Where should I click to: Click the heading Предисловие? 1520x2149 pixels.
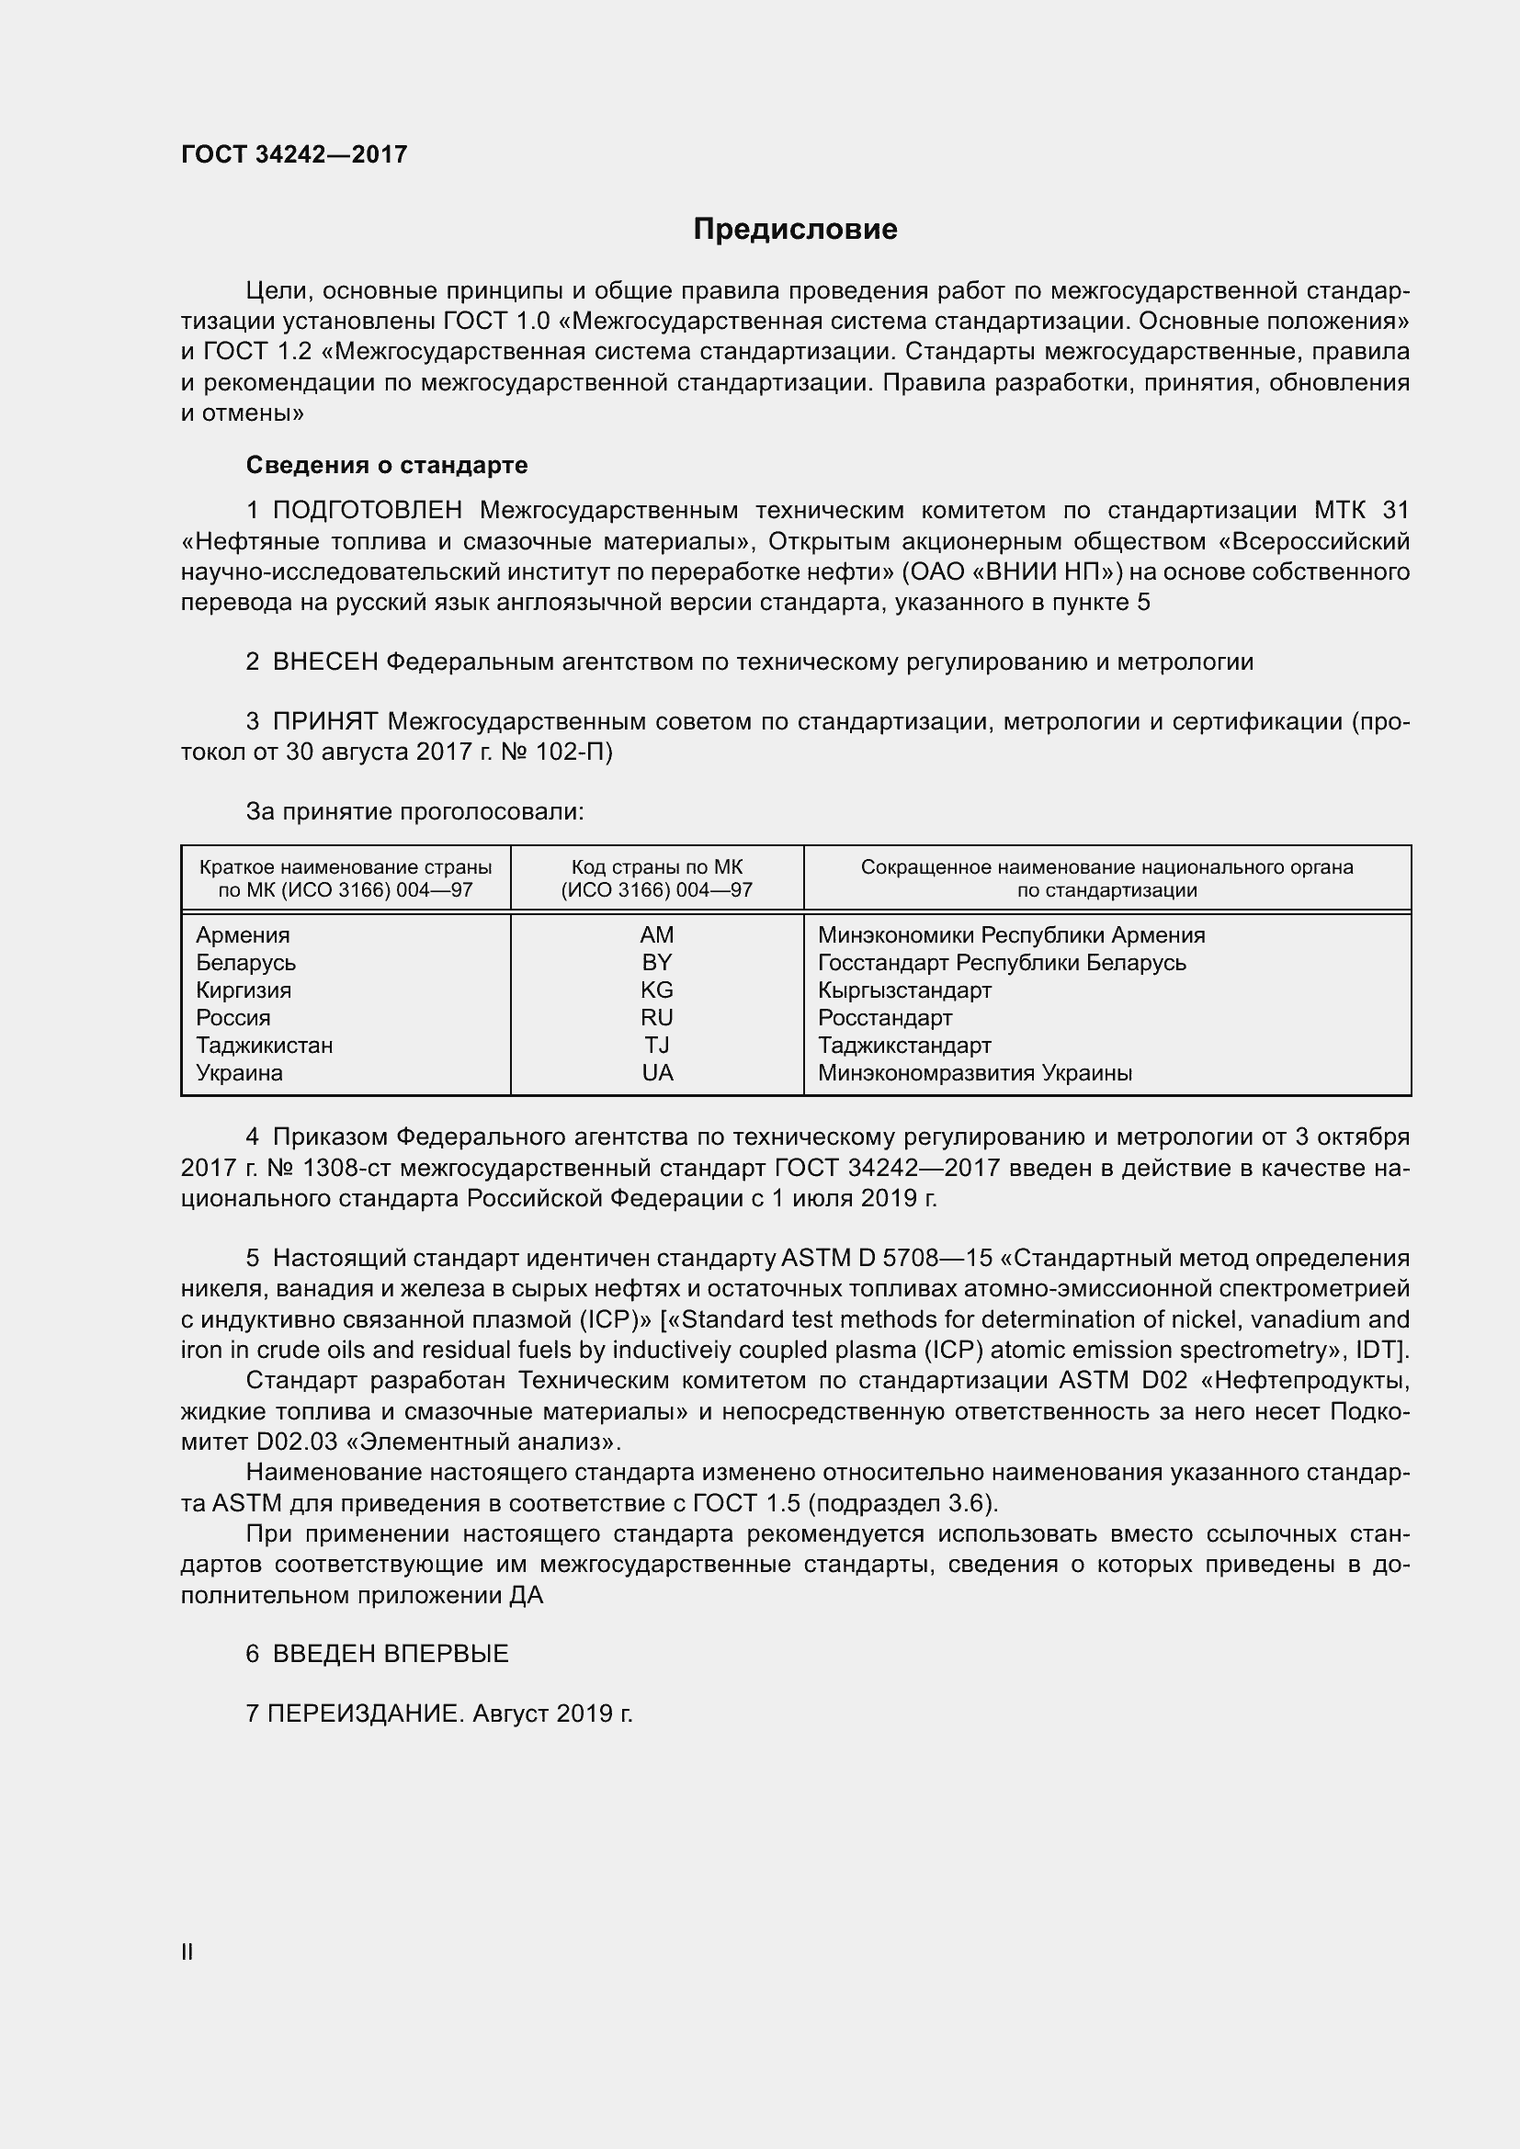pos(795,230)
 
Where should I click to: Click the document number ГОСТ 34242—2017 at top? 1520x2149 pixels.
pos(294,154)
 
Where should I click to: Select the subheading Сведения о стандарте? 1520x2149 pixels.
pos(387,465)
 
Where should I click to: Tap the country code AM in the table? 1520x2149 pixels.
pos(656,935)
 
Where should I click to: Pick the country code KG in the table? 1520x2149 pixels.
pos(656,990)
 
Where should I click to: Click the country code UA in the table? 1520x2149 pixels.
pos(657,1072)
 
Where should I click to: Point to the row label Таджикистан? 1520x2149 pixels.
pos(264,1046)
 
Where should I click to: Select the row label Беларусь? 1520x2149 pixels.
pos(245,963)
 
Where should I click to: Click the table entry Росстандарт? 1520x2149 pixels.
pos(884,1017)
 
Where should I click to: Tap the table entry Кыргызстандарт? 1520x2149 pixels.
pos(904,990)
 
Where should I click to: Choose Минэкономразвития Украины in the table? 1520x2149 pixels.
pos(974,1072)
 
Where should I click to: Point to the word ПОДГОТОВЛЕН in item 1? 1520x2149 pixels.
pos(368,510)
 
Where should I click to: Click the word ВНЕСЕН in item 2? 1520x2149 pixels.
pos(324,662)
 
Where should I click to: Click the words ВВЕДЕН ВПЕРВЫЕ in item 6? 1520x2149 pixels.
pos(391,1654)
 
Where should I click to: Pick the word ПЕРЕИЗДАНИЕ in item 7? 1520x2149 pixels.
pos(365,1714)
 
